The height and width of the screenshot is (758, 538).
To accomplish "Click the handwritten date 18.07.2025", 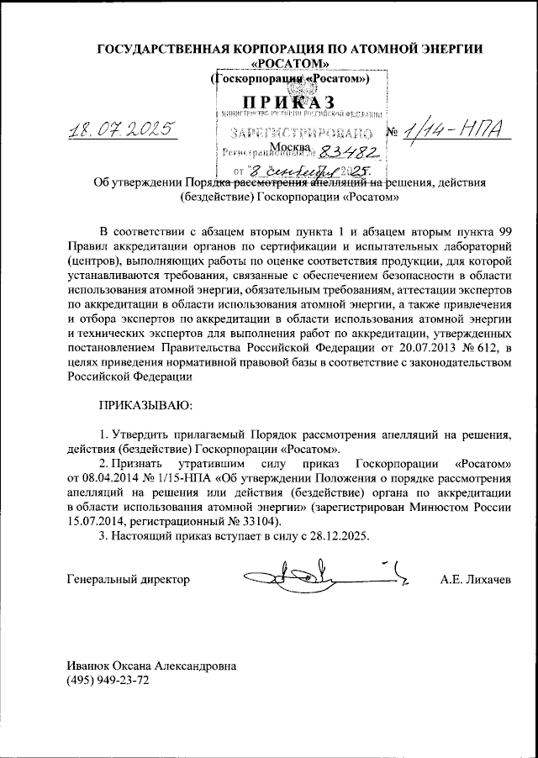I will [119, 129].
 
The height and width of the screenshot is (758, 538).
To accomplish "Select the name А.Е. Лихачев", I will [474, 580].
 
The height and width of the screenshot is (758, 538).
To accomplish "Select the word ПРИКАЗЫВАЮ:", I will [146, 404].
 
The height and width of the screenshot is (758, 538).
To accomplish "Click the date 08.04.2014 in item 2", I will [114, 478].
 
